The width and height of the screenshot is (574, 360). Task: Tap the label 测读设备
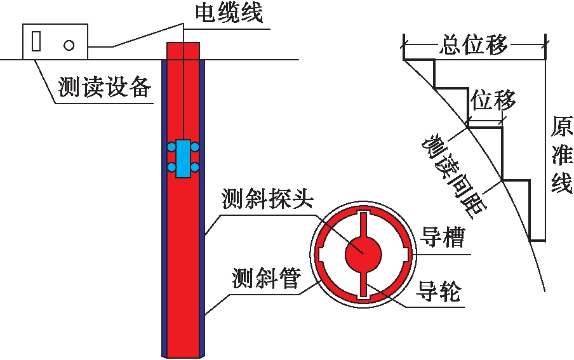pos(105,88)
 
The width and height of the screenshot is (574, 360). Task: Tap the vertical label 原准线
pos(561,156)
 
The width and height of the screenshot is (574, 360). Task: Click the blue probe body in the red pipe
pos(183,157)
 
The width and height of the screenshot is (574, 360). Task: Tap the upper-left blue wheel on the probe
pos(171,147)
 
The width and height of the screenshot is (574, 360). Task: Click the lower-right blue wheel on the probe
pos(195,168)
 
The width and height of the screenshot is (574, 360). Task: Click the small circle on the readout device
pos(69,44)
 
